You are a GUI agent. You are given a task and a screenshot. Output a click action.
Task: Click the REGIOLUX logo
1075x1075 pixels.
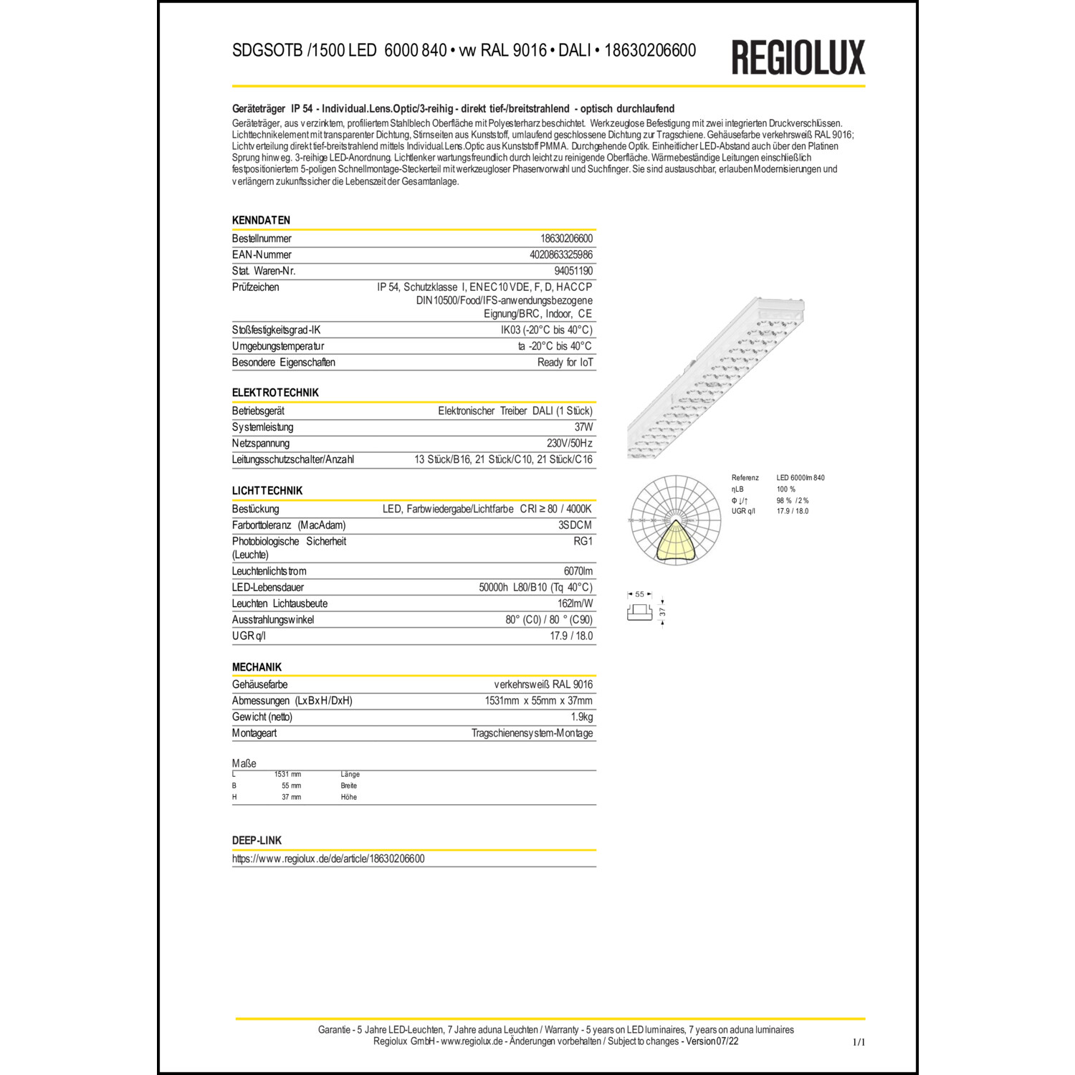798,57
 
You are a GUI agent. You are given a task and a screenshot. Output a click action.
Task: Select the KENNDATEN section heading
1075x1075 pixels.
261,220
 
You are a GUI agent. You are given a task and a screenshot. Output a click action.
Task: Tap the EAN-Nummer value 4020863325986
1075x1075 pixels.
560,254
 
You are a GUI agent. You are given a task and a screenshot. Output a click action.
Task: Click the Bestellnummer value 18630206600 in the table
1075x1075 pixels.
566,239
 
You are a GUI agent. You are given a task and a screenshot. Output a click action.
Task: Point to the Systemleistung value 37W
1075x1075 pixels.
583,427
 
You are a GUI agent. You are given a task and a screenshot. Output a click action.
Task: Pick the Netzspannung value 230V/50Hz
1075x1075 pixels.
569,443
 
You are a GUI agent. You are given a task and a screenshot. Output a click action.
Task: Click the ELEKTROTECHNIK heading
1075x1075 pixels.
275,393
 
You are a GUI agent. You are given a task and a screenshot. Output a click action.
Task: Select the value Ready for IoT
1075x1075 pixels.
565,363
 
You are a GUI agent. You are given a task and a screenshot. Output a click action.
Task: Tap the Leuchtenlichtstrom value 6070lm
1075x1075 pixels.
578,571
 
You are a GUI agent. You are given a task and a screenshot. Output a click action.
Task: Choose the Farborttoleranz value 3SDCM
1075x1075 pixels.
575,525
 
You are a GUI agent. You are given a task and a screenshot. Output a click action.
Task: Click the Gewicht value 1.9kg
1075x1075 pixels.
581,717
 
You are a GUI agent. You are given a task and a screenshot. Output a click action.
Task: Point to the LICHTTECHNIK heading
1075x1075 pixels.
267,491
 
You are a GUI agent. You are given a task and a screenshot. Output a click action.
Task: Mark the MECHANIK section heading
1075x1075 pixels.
257,667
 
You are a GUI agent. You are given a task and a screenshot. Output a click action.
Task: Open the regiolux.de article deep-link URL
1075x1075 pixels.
328,859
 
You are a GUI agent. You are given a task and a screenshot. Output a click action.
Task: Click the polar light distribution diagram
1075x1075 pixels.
675,520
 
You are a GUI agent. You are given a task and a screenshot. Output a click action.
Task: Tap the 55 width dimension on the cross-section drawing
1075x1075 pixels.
639,594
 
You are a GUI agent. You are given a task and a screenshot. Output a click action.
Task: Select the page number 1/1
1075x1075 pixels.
859,1042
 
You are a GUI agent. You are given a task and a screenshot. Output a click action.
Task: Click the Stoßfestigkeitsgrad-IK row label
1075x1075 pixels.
276,330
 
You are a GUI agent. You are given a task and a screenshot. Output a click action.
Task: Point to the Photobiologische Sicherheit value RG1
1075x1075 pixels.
583,542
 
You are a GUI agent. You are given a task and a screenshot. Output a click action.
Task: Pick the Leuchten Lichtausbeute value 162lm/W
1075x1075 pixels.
575,603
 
